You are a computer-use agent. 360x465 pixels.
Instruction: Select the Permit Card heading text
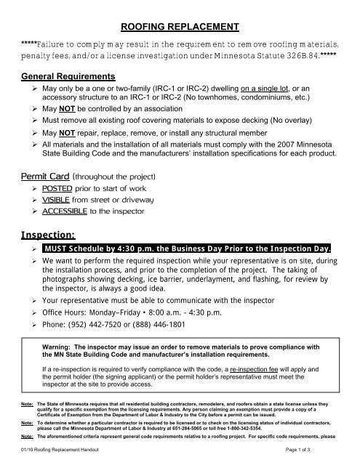[46, 176]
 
